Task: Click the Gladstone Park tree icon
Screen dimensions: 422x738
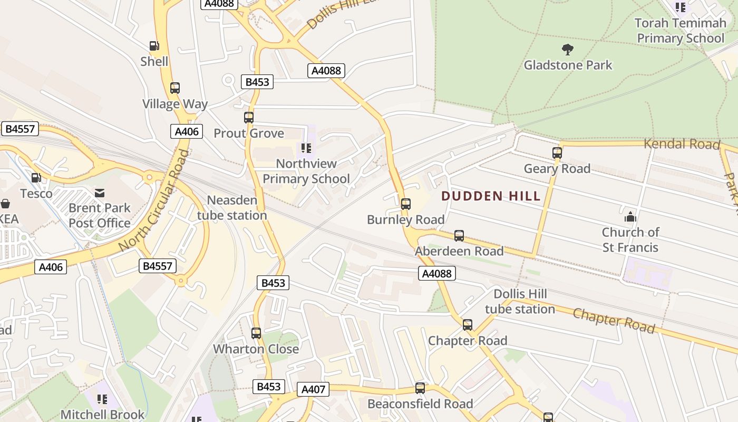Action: point(568,50)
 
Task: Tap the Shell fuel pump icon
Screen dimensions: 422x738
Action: point(154,46)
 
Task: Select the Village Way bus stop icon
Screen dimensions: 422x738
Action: point(175,88)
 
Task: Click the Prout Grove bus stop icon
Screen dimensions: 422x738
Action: point(249,118)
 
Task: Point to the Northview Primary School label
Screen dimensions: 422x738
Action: point(306,171)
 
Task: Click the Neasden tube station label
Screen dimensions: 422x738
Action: point(232,208)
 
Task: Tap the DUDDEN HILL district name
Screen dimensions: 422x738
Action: point(491,196)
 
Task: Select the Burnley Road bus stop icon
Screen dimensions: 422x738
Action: point(405,204)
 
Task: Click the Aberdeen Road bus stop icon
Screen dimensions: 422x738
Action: point(459,235)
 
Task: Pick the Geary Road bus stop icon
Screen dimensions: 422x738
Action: point(557,153)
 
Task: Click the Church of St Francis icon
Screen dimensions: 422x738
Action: point(630,217)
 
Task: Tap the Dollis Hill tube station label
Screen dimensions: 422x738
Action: point(520,301)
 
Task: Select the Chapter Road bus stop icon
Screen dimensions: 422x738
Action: point(468,325)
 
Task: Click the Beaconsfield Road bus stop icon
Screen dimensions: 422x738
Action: point(420,388)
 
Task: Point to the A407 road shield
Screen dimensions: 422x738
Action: point(313,390)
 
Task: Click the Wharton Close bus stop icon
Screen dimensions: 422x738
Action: point(256,333)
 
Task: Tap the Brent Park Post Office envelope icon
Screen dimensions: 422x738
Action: point(100,193)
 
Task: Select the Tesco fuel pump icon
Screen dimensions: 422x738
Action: point(36,178)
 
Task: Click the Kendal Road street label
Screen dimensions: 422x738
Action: point(682,144)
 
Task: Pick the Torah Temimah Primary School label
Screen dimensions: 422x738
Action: point(681,31)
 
